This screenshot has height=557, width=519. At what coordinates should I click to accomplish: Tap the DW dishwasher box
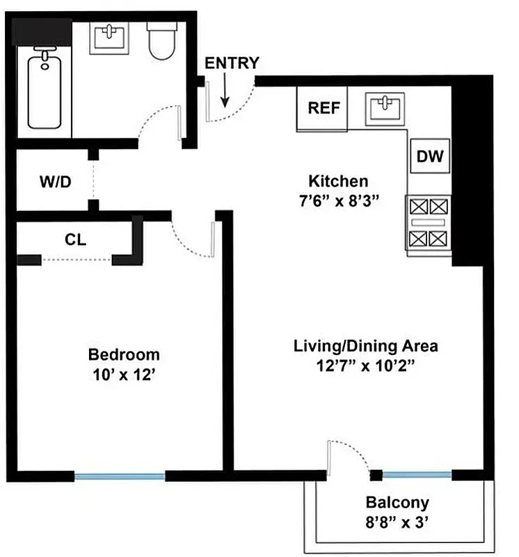point(429,157)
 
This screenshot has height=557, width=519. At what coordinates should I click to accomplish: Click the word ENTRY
point(232,63)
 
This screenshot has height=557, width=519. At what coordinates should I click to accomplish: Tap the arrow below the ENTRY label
point(225,91)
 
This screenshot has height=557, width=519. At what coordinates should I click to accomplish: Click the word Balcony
point(397,503)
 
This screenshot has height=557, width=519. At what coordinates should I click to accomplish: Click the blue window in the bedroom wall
point(120,476)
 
